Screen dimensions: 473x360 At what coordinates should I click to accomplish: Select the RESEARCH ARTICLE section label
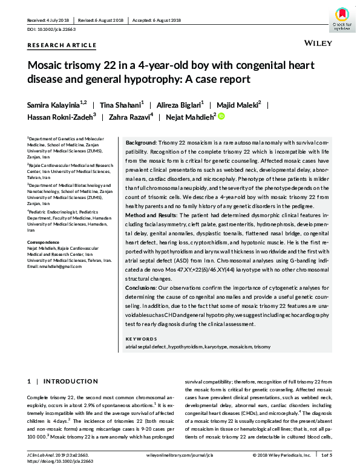(x=62, y=45)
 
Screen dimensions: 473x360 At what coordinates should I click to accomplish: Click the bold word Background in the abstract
(x=141, y=142)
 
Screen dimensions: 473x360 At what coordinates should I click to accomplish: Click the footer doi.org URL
(x=57, y=461)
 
